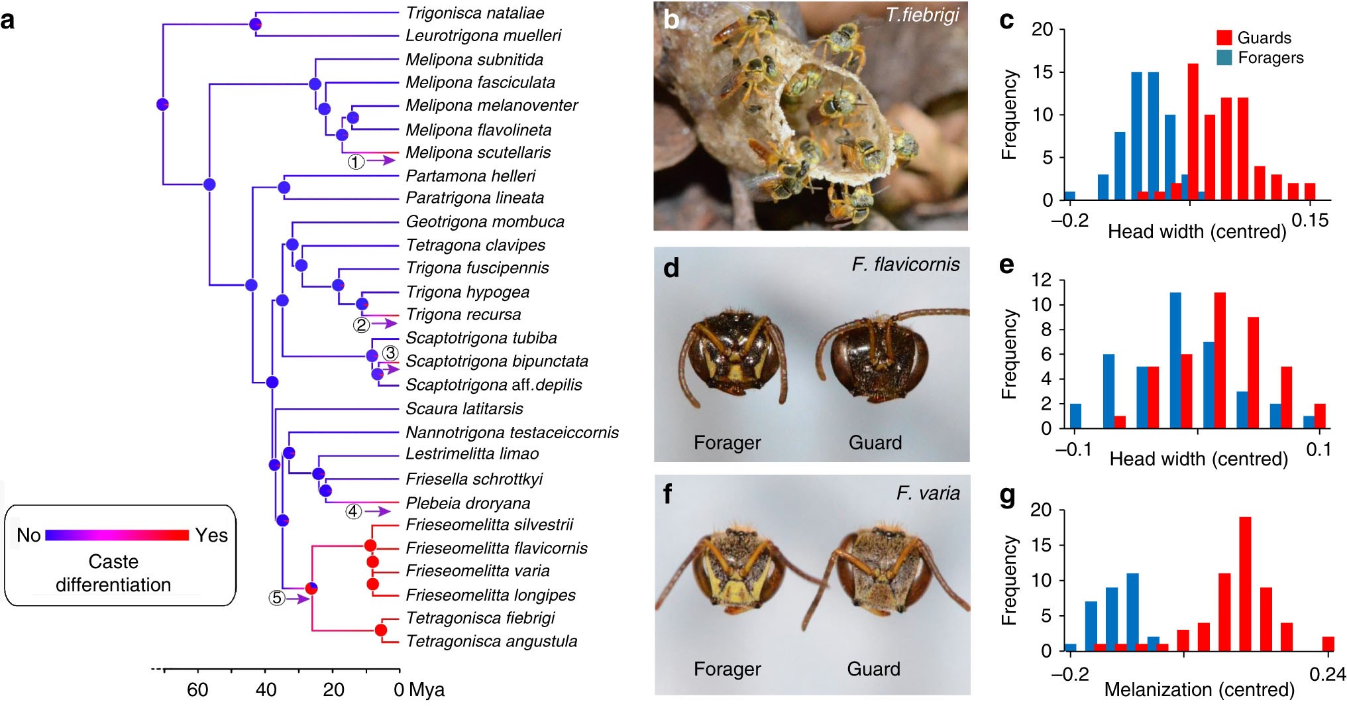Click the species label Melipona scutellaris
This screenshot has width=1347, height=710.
[x=478, y=152]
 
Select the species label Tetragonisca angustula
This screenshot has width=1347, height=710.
[x=491, y=641]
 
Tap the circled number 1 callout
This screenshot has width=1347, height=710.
[x=356, y=161]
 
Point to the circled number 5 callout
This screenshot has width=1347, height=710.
[x=276, y=598]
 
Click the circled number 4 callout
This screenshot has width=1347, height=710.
[x=353, y=511]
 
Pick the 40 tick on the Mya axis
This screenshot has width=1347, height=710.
[x=266, y=690]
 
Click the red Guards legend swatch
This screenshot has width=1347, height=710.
[x=1224, y=38]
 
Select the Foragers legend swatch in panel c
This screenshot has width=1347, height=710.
[x=1224, y=58]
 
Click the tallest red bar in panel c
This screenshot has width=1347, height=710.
[x=1193, y=131]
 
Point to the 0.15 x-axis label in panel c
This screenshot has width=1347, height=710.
[x=1310, y=220]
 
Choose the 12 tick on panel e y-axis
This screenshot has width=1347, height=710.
[x=1042, y=280]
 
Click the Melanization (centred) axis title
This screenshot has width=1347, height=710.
[x=1199, y=690]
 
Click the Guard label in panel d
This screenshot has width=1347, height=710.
[x=875, y=442]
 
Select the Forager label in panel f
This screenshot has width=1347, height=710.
[x=727, y=669]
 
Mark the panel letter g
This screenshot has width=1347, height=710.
[x=1007, y=495]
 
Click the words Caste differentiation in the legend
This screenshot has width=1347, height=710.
[x=113, y=573]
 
